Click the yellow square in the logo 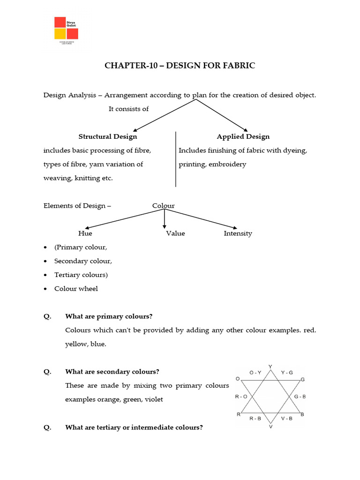(x=60, y=34)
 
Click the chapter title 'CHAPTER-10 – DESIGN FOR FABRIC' (x=180, y=66)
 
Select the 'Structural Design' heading (x=108, y=136)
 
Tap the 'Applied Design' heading (x=243, y=136)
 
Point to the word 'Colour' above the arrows (x=163, y=206)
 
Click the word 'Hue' (x=85, y=233)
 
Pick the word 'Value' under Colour (x=175, y=233)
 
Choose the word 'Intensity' (x=238, y=233)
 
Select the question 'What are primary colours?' (x=109, y=316)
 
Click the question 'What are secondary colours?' (x=112, y=372)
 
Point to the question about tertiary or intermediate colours (x=134, y=427)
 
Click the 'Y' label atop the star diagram (x=270, y=366)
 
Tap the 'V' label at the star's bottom (x=270, y=427)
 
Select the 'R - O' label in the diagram (x=241, y=397)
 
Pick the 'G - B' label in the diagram (x=300, y=397)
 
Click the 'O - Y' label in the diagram (x=255, y=373)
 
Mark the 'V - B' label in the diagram (x=286, y=418)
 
